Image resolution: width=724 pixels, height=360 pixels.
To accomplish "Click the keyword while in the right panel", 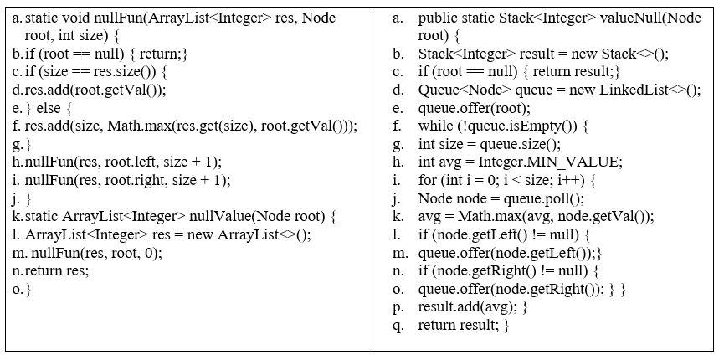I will pyautogui.click(x=436, y=126).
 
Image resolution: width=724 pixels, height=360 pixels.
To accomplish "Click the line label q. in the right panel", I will pyautogui.click(x=398, y=325).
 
